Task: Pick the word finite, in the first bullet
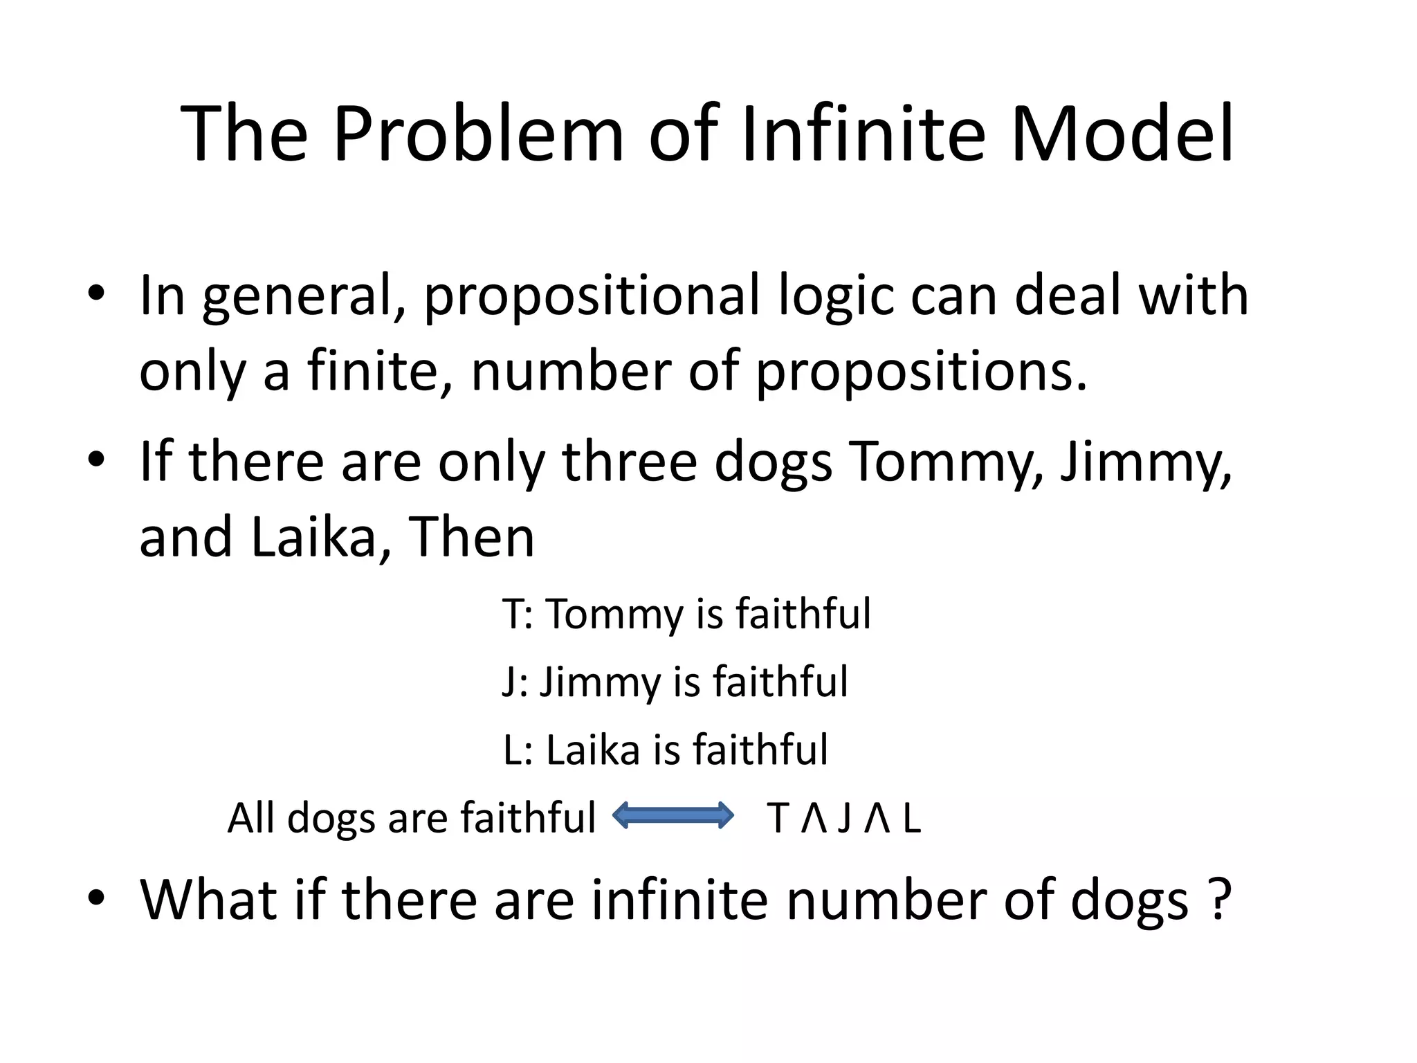(x=380, y=371)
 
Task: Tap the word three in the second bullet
(x=629, y=461)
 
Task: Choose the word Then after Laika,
(x=472, y=537)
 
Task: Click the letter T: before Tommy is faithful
(x=518, y=614)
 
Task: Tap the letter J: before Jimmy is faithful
(x=515, y=682)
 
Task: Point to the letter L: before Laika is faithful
(x=518, y=749)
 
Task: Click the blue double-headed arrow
(x=673, y=815)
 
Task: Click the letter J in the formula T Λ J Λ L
(x=843, y=818)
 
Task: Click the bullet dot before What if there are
(x=96, y=898)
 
